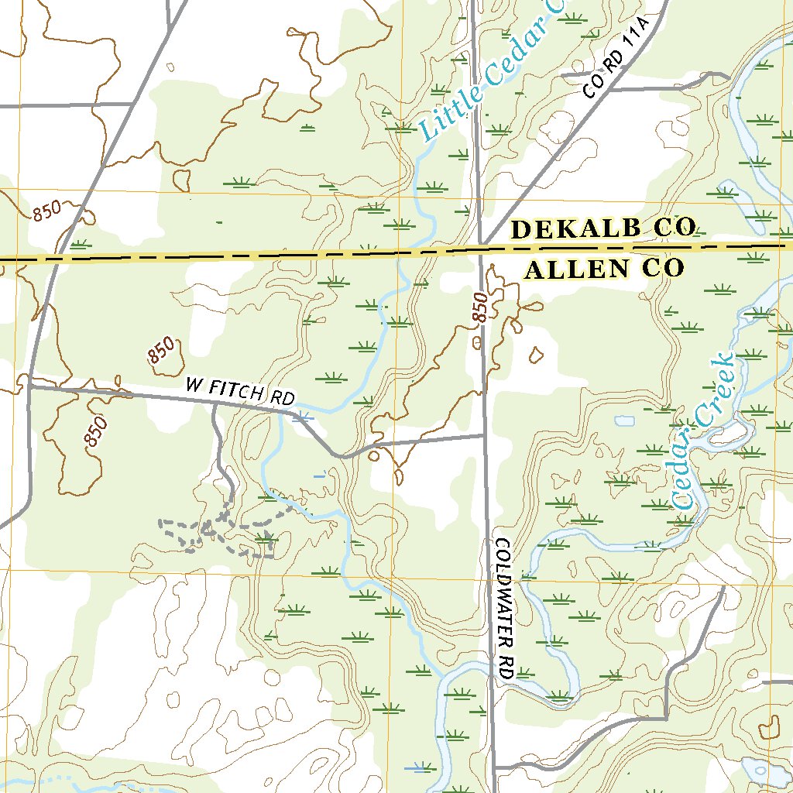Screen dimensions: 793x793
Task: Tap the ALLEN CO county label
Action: [x=604, y=269]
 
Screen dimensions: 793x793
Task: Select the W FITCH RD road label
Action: [x=240, y=391]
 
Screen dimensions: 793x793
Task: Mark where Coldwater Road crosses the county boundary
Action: [x=481, y=249]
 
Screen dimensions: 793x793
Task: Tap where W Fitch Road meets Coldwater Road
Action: [x=485, y=435]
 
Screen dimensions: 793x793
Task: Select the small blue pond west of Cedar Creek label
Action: [x=624, y=422]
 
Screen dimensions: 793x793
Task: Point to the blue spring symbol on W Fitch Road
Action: [x=304, y=417]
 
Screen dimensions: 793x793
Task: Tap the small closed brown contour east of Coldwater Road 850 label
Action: [x=534, y=355]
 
